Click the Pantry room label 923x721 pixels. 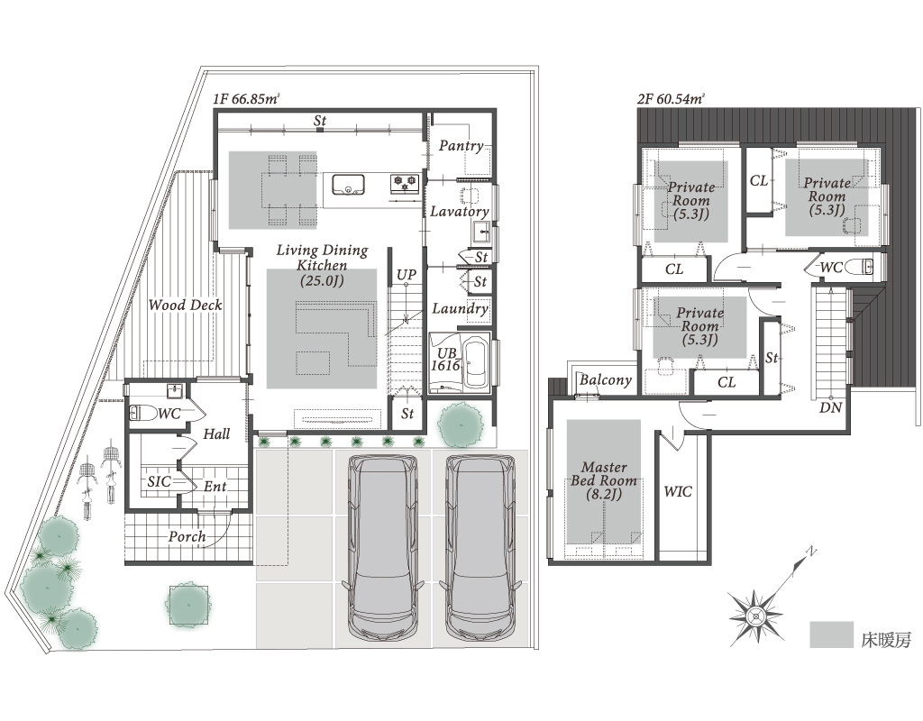pos(461,146)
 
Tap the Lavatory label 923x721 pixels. pos(459,211)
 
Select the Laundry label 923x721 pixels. pos(461,309)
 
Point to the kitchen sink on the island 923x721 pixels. pos(348,184)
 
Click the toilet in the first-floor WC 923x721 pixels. pos(142,413)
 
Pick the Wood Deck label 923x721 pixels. pos(185,305)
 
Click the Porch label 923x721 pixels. pos(187,537)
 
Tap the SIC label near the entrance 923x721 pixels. pos(159,481)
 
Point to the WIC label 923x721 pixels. pos(678,491)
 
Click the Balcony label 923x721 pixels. pos(605,380)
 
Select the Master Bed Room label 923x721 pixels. pos(604,481)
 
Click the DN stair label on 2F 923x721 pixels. pos(830,407)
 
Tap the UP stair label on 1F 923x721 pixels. pos(407,276)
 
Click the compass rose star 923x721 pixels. pos(756,616)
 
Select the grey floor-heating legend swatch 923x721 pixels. pos(831,634)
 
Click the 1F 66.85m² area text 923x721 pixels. pos(246,99)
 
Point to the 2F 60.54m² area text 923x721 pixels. pos(671,99)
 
